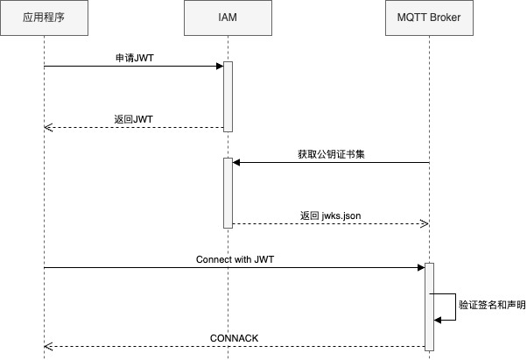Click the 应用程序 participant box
pyautogui.click(x=44, y=18)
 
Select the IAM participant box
pyautogui.click(x=228, y=18)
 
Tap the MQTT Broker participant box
pyautogui.click(x=429, y=18)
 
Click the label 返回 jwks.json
pyautogui.click(x=330, y=215)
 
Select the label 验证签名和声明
pyautogui.click(x=493, y=305)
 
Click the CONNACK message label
pyautogui.click(x=234, y=337)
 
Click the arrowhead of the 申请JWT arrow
pyautogui.click(x=219, y=67)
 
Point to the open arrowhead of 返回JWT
pyautogui.click(x=49, y=128)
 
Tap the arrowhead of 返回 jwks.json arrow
pyautogui.click(x=424, y=224)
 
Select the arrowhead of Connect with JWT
pyautogui.click(x=420, y=268)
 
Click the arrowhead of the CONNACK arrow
pyautogui.click(x=49, y=347)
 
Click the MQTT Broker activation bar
pyautogui.click(x=429, y=307)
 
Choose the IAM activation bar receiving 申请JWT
pyautogui.click(x=228, y=96)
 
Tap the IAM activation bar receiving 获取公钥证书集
pyautogui.click(x=228, y=193)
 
